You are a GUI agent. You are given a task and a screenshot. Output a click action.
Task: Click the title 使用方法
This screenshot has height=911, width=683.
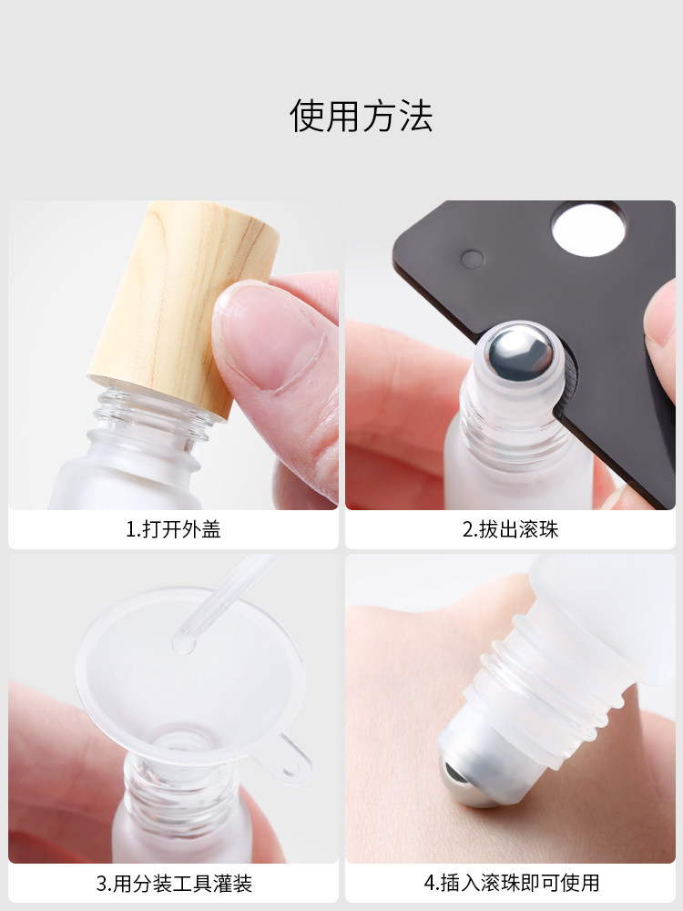362,115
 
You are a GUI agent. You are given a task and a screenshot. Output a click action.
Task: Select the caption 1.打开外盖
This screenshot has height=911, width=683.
173,529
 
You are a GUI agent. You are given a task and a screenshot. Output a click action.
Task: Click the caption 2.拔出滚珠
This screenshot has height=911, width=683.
511,529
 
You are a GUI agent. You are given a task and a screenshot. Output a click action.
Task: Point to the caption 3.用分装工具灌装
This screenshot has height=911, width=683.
174,883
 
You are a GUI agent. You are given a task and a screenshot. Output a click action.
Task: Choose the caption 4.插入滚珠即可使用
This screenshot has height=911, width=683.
511,883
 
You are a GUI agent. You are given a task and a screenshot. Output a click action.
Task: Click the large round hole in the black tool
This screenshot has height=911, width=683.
589,229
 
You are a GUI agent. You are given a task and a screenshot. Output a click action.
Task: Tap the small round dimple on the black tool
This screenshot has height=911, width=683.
472,259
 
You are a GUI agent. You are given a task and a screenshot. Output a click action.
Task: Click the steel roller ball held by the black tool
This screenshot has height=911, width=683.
519,351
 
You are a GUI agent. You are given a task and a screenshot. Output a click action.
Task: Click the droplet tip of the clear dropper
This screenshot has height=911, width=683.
184,643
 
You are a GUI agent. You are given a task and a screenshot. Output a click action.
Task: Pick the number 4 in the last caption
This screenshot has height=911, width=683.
429,883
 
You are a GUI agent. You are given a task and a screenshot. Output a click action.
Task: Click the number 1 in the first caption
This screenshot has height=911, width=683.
130,529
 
